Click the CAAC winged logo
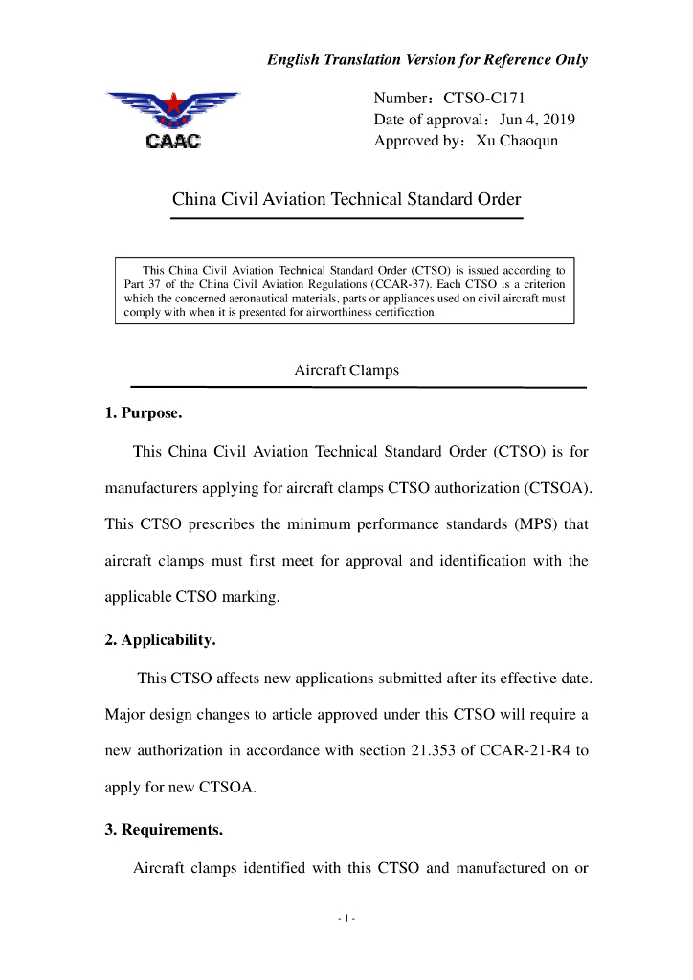173,121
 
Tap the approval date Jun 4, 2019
537,120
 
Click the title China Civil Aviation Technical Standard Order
346,200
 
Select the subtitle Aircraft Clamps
346,370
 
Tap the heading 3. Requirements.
164,830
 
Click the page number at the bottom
346,920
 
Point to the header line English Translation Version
427,59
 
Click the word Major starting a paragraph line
125,715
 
